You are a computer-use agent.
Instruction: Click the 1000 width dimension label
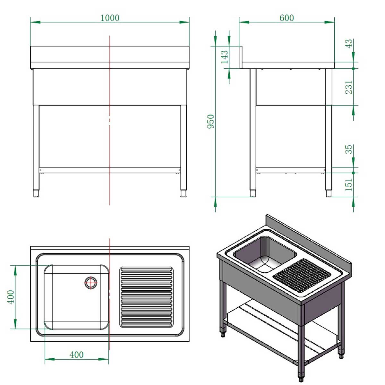(110, 18)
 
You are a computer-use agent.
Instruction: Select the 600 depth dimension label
(286, 18)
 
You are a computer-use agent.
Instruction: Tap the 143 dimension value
(225, 57)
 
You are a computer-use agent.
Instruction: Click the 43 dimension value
(349, 44)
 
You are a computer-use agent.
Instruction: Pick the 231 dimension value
(349, 87)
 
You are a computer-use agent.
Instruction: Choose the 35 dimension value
(349, 150)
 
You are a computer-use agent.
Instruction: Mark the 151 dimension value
(349, 184)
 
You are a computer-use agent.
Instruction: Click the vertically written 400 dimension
(11, 297)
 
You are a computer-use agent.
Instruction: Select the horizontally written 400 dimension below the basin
(76, 355)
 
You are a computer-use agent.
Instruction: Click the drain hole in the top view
(91, 283)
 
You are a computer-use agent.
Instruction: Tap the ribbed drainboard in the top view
(146, 297)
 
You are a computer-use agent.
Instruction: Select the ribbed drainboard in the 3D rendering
(302, 275)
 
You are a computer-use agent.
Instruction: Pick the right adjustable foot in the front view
(184, 193)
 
